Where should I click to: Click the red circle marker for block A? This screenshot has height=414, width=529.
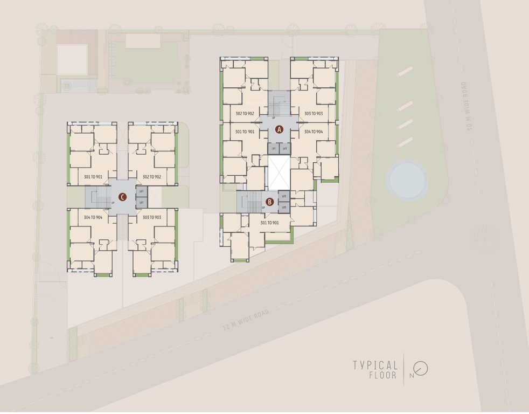pos(279,129)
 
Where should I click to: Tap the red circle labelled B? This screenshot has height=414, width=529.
pos(270,203)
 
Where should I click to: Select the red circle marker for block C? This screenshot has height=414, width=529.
pos(123,197)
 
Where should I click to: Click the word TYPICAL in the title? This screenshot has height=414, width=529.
pos(375,365)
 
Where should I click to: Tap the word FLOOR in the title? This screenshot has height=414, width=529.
pos(383,375)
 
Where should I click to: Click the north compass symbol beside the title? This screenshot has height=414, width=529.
pos(421,369)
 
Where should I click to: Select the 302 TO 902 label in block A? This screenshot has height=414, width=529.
pos(245,114)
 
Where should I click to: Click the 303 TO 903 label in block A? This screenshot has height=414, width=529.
pos(314,114)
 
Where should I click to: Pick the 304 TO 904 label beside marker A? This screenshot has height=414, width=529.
pos(314,132)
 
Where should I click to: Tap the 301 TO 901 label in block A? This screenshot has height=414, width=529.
pos(245,132)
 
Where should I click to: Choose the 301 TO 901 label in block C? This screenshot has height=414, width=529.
pos(94,177)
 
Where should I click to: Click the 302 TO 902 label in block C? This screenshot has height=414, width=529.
pos(152,177)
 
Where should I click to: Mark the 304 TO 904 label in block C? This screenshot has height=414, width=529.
pos(94,217)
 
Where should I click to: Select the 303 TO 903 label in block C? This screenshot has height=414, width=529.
pos(152,217)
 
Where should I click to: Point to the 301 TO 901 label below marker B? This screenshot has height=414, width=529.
pos(269,223)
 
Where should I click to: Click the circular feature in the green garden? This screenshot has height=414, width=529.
pos(407,180)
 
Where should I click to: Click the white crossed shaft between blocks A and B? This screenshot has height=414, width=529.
pos(279,173)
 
